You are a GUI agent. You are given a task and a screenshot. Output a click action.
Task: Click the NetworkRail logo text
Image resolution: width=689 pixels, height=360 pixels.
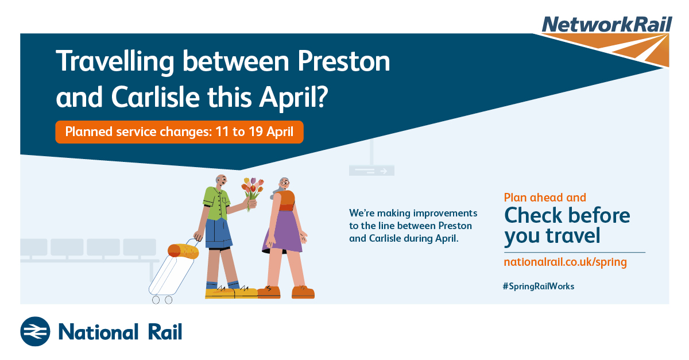(x=606, y=24)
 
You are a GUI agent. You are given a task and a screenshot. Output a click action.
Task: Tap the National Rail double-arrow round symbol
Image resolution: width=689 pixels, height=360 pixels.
(x=35, y=331)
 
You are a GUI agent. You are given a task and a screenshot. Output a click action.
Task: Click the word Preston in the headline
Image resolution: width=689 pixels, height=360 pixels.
(x=343, y=61)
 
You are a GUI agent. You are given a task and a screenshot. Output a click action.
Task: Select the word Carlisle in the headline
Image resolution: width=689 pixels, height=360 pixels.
(x=156, y=97)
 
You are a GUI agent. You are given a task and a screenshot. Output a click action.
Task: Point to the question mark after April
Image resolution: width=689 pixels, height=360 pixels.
(x=322, y=96)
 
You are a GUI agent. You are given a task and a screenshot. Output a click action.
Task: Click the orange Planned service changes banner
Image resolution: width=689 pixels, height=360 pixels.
(x=179, y=132)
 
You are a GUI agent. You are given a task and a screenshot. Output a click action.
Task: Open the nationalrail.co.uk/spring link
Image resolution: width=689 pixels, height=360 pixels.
(x=565, y=262)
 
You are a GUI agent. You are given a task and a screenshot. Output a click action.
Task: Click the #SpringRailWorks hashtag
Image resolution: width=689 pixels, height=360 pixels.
(x=539, y=287)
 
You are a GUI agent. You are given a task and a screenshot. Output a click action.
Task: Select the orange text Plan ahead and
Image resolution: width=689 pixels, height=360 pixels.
(x=545, y=198)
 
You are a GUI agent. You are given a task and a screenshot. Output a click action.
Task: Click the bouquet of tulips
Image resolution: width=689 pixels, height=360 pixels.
(x=253, y=193)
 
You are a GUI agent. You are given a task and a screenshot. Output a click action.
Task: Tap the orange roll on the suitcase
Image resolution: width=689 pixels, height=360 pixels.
(x=183, y=251)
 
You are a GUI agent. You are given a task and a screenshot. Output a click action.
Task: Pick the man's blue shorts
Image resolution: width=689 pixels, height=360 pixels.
(x=218, y=233)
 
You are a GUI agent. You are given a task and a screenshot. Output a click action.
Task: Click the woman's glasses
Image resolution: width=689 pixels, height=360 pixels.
(x=285, y=183)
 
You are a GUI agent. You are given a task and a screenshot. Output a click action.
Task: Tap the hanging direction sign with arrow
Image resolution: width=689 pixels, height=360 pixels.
(x=371, y=170)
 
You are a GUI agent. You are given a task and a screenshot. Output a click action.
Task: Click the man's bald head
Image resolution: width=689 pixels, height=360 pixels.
(x=221, y=180)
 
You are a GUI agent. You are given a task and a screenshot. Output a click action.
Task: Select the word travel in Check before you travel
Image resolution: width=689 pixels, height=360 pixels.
(x=573, y=235)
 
